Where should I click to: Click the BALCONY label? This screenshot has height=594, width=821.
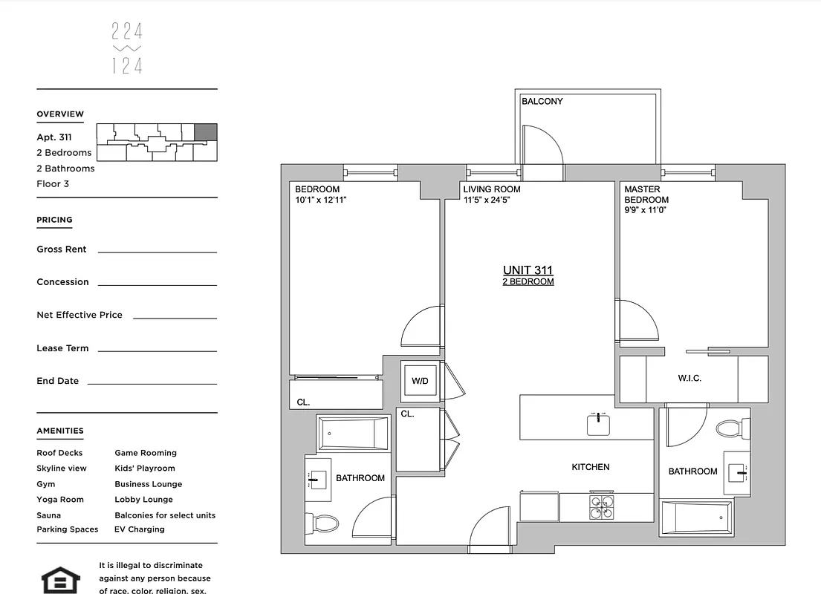point(542,101)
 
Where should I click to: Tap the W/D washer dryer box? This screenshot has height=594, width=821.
point(420,381)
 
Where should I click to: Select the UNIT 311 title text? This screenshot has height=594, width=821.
point(528,270)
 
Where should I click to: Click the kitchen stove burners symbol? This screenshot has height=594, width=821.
point(601,506)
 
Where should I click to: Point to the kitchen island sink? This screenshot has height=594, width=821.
point(598,425)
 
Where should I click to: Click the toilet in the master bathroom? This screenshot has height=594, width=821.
point(729,428)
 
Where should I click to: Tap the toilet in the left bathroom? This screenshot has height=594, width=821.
point(322,523)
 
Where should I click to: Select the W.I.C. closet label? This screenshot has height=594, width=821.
point(689,378)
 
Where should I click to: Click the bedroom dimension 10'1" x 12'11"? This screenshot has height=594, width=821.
point(321,200)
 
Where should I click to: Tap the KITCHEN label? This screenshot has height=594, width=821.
point(590,467)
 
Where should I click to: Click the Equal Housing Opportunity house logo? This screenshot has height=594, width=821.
point(61,580)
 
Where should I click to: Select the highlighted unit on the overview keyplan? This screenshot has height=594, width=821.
point(205,133)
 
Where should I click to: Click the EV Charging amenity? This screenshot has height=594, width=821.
point(140,529)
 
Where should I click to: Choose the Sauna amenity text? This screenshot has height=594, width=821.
point(49,515)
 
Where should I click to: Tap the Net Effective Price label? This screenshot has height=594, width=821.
point(79,315)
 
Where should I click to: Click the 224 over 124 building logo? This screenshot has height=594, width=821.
point(127,48)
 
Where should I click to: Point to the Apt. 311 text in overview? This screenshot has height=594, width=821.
point(54,137)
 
